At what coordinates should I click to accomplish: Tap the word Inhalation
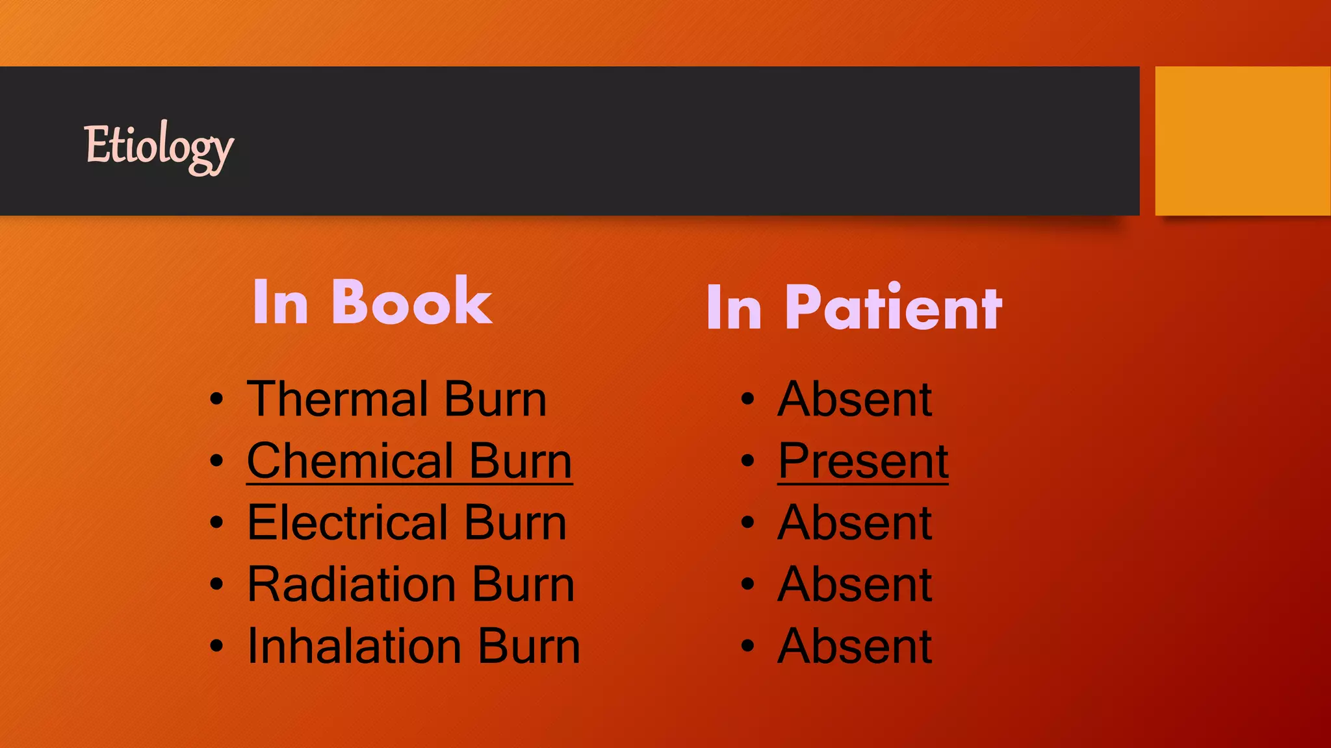click(355, 645)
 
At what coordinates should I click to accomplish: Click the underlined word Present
click(863, 460)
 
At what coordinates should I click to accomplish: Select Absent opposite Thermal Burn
click(855, 399)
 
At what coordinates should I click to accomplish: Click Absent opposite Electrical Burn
click(855, 522)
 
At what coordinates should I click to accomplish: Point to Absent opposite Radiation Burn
click(855, 584)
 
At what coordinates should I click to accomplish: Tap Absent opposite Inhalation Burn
click(855, 645)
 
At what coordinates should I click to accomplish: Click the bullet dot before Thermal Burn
click(217, 399)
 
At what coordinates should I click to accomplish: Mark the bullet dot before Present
click(748, 460)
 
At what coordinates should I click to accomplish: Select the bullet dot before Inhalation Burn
click(217, 645)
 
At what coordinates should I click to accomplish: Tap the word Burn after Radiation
click(523, 584)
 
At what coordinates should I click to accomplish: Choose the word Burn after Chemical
click(521, 460)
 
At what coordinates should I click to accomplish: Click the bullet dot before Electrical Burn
click(217, 522)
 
